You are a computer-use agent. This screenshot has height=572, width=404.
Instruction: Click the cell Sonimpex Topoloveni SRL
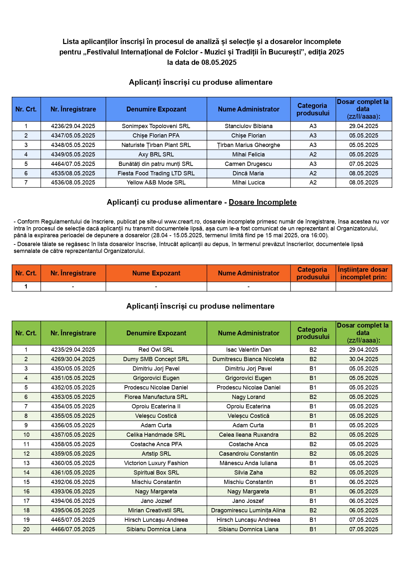point(156,126)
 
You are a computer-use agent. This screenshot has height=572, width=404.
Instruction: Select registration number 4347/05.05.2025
point(73,136)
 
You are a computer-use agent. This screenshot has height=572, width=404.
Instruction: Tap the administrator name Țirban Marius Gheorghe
point(248,145)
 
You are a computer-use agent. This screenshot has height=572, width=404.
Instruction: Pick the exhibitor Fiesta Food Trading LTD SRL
point(156,173)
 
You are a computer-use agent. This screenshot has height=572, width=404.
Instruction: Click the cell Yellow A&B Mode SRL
point(156,183)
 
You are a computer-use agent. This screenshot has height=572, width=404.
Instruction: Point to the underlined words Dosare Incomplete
point(263,202)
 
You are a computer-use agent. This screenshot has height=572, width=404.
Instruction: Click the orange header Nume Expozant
point(156,273)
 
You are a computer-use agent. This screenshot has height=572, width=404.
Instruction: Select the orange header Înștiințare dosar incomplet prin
point(363,273)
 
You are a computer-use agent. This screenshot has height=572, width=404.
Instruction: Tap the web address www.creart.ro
point(182,222)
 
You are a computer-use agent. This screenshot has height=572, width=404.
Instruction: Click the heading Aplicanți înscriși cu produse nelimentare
point(200,306)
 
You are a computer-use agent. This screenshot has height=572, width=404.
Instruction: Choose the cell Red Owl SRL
point(156,350)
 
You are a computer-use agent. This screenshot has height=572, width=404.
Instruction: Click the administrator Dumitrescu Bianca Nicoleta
point(248,359)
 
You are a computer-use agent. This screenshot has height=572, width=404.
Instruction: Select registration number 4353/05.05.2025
point(73,397)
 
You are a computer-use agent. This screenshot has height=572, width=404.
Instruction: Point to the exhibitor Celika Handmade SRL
point(156,435)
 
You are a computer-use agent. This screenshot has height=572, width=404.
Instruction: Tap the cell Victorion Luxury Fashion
point(156,463)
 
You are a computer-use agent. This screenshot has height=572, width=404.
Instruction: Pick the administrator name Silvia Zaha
point(248,473)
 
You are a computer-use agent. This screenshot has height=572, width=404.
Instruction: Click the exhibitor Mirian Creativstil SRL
point(156,510)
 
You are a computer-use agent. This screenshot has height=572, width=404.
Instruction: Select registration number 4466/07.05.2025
point(73,529)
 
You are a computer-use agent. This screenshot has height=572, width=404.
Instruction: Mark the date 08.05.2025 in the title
point(219,63)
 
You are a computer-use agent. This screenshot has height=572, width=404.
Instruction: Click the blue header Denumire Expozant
point(156,109)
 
